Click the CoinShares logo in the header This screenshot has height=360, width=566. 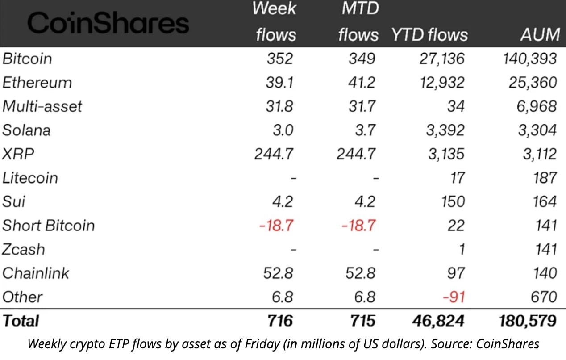tap(107, 23)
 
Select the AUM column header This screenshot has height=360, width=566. tap(540, 35)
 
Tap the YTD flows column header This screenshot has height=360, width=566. tap(429, 35)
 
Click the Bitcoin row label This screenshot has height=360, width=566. tap(27, 59)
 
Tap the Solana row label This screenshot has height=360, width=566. tap(26, 130)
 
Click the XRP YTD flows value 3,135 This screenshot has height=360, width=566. tap(444, 154)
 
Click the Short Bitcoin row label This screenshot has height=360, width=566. tap(48, 225)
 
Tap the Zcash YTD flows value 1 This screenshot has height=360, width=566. tap(462, 249)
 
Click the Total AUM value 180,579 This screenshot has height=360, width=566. tap(526, 321)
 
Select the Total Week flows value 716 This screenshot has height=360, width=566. tap(279, 321)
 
